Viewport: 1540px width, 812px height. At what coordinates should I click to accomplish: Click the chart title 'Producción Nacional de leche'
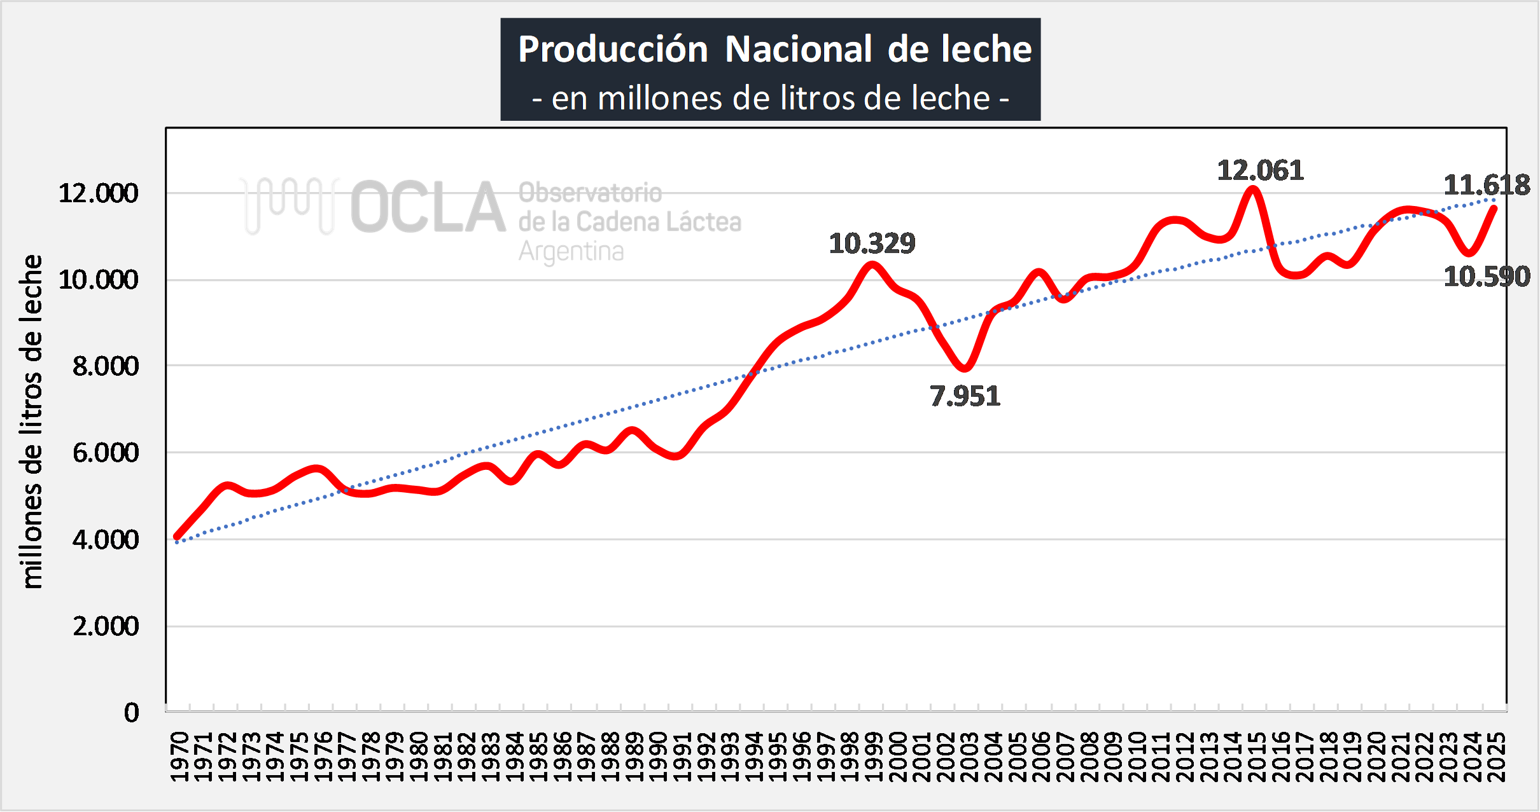coord(774,49)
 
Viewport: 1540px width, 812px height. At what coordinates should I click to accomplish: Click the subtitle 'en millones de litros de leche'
coord(771,99)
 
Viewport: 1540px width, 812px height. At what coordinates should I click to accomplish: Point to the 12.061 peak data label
coord(1260,170)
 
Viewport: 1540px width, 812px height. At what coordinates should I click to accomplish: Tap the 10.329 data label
coord(872,244)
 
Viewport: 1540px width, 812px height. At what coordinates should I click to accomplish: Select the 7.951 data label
coord(965,396)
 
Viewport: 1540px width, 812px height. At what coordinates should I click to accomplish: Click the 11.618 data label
coord(1487,186)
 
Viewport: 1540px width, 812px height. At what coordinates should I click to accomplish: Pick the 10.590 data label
coord(1487,277)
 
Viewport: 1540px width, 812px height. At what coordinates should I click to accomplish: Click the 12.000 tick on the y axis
coord(99,193)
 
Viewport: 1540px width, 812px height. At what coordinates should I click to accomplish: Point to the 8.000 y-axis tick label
coord(106,366)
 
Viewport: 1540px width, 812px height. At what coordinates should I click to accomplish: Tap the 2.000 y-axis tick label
coord(106,626)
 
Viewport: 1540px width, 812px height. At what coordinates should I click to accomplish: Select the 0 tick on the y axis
coord(131,713)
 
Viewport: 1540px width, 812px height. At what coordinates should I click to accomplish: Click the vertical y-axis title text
coord(31,422)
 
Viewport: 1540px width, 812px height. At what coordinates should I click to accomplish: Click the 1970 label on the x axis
coord(180,757)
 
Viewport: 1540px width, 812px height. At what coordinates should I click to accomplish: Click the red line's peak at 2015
coord(1253,189)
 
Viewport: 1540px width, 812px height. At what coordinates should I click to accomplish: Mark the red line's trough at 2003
coord(965,368)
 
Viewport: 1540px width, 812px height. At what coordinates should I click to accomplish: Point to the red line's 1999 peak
coord(872,265)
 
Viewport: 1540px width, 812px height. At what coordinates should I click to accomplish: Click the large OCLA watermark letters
coord(428,207)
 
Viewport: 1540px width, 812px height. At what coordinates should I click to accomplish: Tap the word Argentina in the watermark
coord(571,252)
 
